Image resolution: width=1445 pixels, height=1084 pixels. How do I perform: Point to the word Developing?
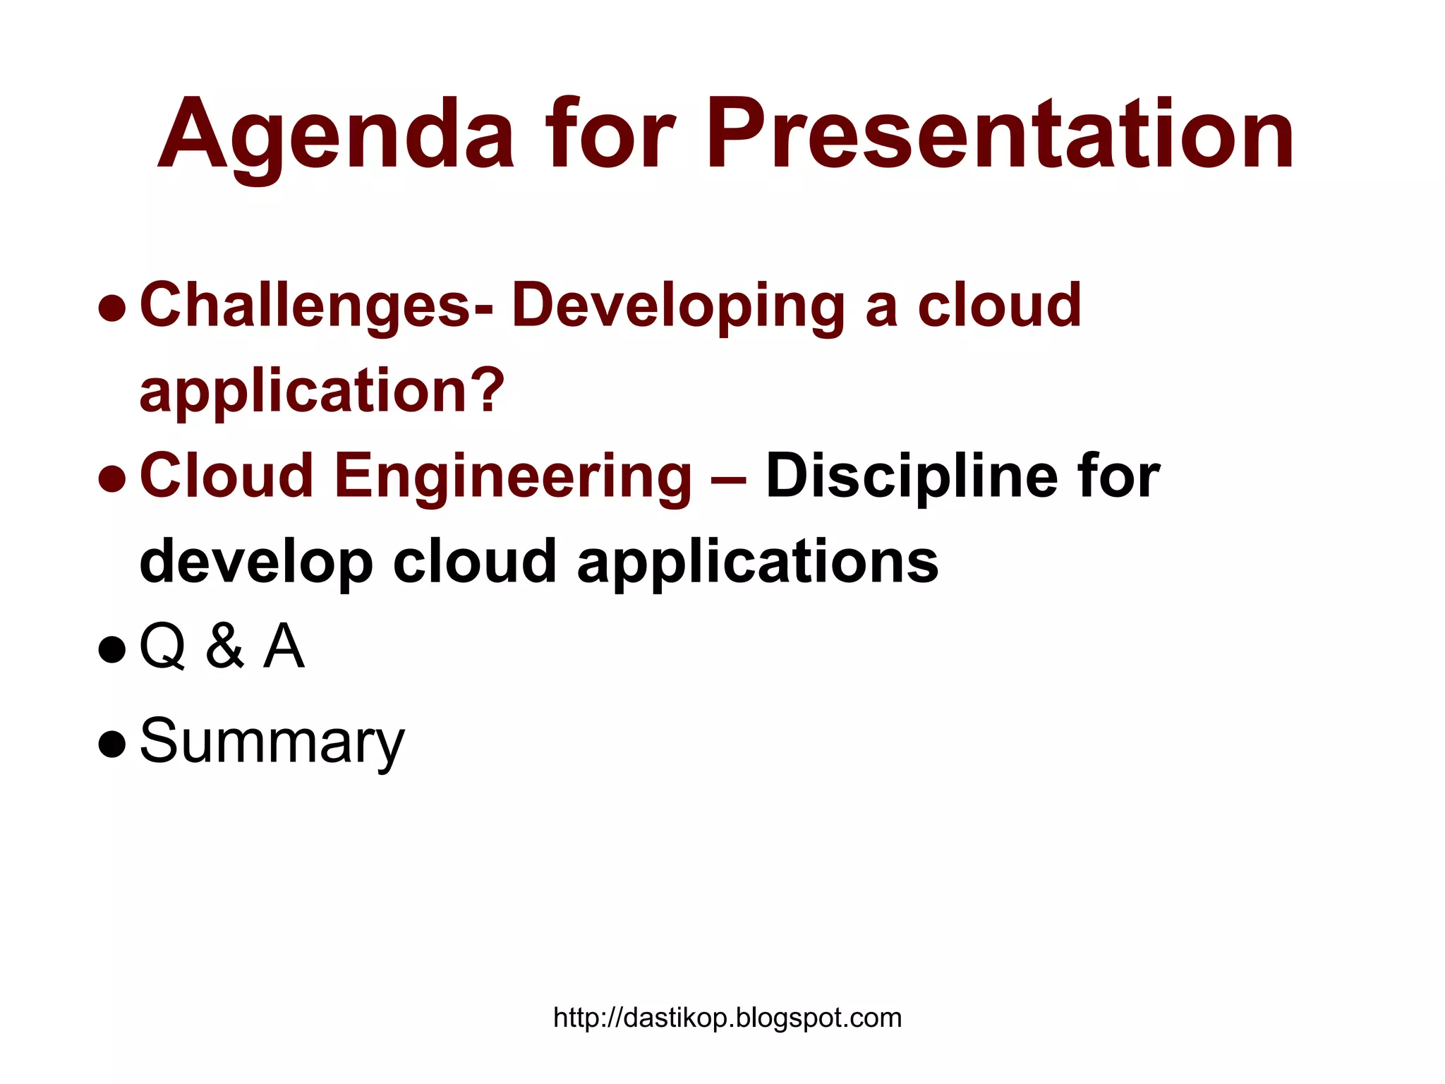click(678, 306)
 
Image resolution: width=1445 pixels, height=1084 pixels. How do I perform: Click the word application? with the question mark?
click(322, 392)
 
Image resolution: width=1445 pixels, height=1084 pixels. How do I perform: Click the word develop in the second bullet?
click(256, 562)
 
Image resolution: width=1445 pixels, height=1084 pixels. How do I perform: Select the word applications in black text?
click(758, 562)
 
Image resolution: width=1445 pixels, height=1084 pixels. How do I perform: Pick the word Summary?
click(272, 741)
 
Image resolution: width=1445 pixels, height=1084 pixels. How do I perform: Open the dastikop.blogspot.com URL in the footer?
click(727, 1018)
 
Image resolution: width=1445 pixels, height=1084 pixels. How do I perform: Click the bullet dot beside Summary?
click(112, 744)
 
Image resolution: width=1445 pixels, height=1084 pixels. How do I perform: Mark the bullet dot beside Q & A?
click(112, 649)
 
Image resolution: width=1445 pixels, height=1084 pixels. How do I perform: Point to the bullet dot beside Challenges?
click(112, 308)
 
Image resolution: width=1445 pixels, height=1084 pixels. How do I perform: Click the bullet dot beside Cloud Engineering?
click(112, 478)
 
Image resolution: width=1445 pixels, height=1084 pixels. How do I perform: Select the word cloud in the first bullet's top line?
click(999, 306)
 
